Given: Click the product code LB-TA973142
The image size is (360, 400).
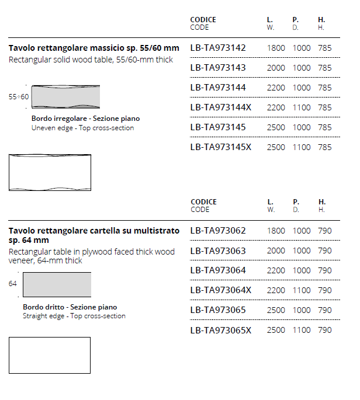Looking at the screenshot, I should point(218,48).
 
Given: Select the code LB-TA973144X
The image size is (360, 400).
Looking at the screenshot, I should point(220,107).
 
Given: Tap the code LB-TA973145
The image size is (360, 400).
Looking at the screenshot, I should point(218,127).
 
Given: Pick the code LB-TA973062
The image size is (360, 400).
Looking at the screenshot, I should point(218,231).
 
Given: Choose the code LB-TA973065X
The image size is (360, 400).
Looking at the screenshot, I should point(220,330).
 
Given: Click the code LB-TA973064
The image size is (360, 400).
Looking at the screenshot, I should point(218,270).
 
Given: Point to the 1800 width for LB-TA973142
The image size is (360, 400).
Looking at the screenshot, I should point(276,48).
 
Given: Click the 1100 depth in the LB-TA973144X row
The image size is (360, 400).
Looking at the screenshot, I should point(302,107).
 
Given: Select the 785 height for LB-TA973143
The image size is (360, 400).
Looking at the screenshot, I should point(325,68).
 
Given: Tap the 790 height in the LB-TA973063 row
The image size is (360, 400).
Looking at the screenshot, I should point(325,251).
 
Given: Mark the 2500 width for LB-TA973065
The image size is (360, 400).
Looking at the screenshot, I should point(276,310).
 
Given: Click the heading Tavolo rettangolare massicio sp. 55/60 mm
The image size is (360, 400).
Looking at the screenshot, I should point(94,48).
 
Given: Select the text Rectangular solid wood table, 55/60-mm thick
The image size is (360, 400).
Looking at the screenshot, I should point(91,60).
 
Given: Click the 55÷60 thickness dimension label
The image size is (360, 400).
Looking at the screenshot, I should point(19,97).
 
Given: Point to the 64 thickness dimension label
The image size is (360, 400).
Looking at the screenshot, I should point(13,284).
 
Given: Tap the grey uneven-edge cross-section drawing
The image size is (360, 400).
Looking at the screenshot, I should point(65,97).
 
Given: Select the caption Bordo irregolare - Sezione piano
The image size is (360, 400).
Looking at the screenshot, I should point(85,119).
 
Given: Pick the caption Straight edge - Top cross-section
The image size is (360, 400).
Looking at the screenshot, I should point(74,316).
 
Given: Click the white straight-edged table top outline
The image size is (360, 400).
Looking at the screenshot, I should point(50,355).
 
